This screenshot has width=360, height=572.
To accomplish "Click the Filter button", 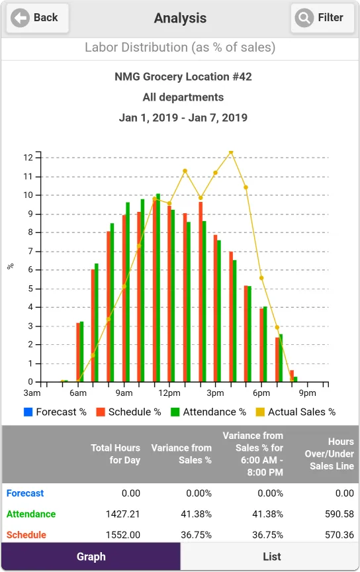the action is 322,18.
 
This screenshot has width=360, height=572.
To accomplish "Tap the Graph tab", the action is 91,556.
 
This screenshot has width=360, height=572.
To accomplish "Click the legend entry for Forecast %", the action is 55,412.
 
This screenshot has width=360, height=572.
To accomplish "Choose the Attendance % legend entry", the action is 208,412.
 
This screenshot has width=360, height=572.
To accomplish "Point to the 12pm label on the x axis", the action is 169,393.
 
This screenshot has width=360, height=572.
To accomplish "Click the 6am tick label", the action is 78,393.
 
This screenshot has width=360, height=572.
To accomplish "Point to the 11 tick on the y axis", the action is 28,177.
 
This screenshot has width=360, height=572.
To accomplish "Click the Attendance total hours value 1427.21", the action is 123,514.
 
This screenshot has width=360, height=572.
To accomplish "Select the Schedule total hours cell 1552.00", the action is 123,535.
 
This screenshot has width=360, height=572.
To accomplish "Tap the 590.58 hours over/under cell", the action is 339,514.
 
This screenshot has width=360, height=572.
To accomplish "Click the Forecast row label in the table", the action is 25,493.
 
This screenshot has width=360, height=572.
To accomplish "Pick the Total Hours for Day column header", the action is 115,453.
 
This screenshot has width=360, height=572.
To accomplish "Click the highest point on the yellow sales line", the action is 231,152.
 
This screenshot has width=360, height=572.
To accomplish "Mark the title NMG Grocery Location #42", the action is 183,77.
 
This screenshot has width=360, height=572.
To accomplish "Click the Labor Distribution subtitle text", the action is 180,48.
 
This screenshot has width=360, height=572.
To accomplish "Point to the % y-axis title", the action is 11,266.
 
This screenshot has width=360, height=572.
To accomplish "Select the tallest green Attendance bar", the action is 158,288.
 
